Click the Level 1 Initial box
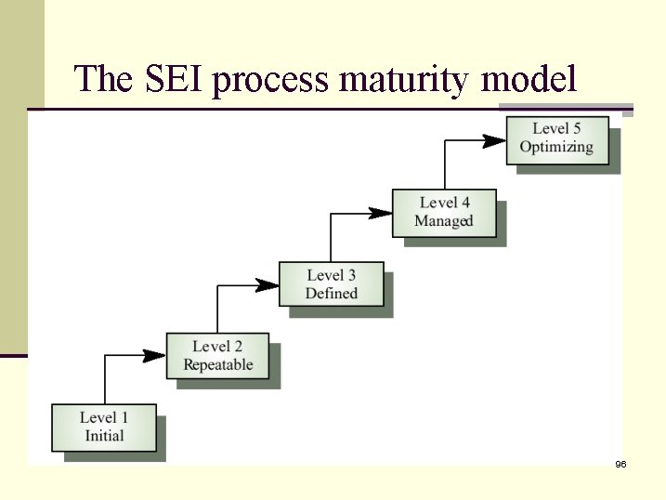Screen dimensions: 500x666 (x=104, y=427)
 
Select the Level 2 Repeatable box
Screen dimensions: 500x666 (x=217, y=356)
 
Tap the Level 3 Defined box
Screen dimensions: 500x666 (x=331, y=284)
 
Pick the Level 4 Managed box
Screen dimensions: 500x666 (x=444, y=212)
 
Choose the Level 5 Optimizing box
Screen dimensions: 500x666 (x=556, y=138)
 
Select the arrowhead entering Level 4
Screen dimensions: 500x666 (x=381, y=213)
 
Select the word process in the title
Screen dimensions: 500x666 (x=270, y=81)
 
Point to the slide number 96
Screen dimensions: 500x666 (x=620, y=464)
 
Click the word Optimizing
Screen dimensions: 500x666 (x=556, y=148)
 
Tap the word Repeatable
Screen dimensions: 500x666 (x=217, y=365)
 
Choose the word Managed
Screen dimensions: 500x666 (x=444, y=221)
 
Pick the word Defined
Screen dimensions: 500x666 (x=331, y=294)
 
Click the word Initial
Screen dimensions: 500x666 (x=104, y=436)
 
